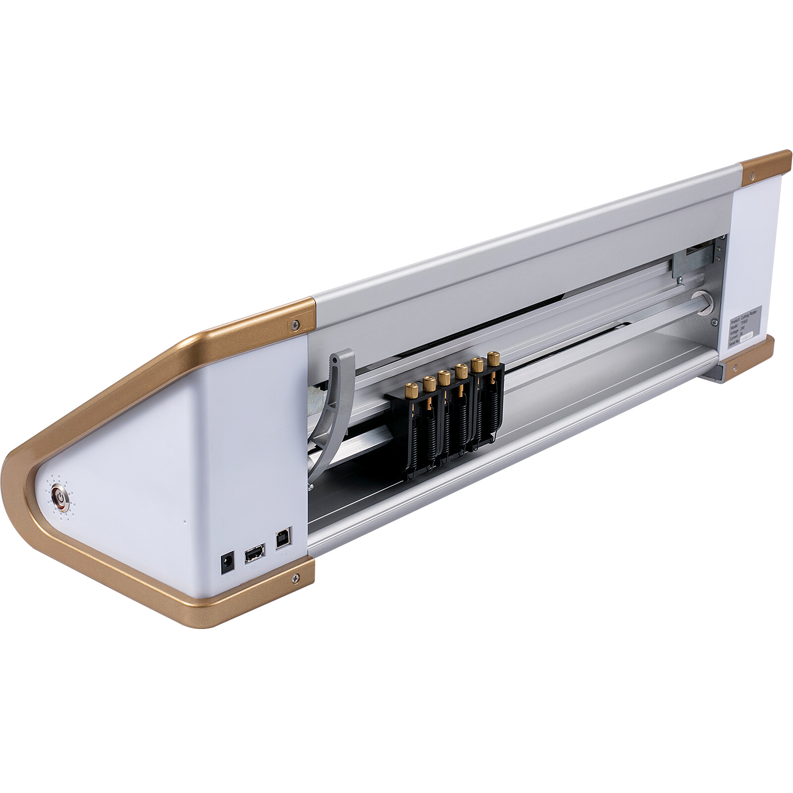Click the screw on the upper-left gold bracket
[296, 324]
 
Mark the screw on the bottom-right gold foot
[735, 367]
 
